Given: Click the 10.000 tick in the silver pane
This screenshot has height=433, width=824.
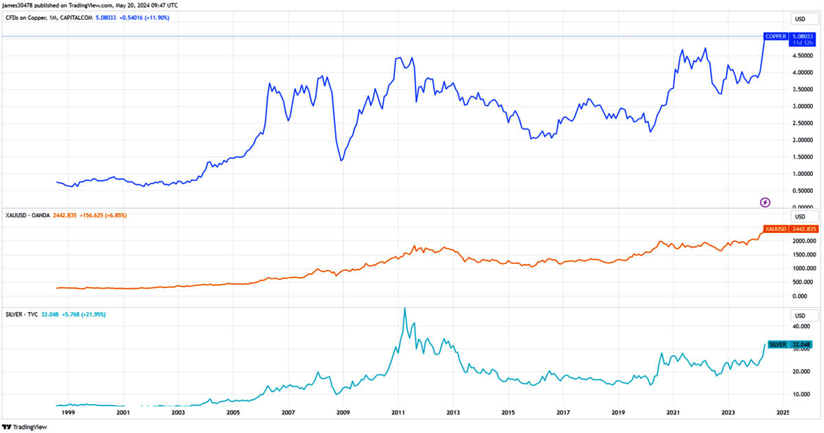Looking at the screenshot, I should pyautogui.click(x=799, y=395).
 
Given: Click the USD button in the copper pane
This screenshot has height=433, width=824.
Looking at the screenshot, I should pyautogui.click(x=800, y=19).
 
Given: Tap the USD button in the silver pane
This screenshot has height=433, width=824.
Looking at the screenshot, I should pyautogui.click(x=800, y=315).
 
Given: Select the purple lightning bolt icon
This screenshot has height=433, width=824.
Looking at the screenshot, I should pyautogui.click(x=766, y=202).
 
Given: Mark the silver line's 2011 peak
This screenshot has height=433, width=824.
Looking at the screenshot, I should pyautogui.click(x=404, y=309).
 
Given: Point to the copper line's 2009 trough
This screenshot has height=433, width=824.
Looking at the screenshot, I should pyautogui.click(x=341, y=161).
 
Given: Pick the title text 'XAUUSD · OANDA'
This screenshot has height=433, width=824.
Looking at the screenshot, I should pyautogui.click(x=27, y=216).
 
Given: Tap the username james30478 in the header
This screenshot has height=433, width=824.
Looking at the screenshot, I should pyautogui.click(x=21, y=5).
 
